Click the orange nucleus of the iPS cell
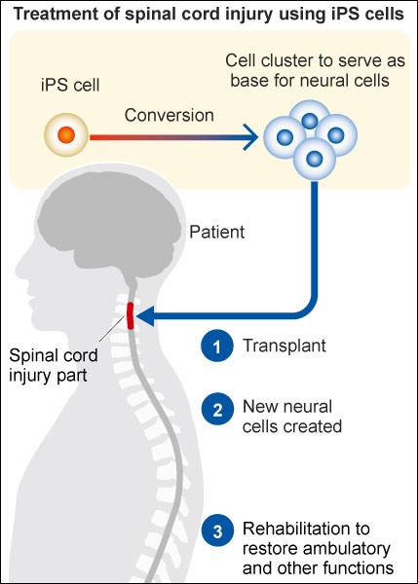[66, 134]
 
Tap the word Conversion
[170, 116]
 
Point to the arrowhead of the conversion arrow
[249, 137]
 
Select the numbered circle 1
[217, 346]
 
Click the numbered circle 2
[217, 410]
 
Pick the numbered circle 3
[217, 530]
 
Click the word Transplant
[285, 346]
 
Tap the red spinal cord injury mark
[131, 315]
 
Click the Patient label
[217, 232]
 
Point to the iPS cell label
[70, 85]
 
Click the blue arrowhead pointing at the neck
[145, 315]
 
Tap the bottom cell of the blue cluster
[315, 159]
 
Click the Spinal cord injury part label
[54, 365]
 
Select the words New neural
[287, 406]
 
